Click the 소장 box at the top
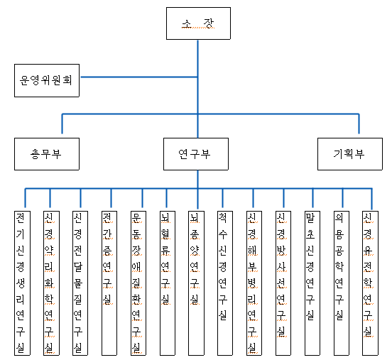coord(198,23)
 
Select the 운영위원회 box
coord(47,80)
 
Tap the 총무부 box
coord(47,154)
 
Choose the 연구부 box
coord(196,154)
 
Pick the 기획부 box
coord(350,154)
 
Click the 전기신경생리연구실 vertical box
coord(22,283)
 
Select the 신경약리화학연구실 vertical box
coord(51,283)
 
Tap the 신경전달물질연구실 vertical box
coord(80,283)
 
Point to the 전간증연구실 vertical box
coord(109,283)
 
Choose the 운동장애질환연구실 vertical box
coord(138,283)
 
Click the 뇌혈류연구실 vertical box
coord(168,283)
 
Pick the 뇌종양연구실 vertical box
coord(196,283)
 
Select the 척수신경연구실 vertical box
coord(225,283)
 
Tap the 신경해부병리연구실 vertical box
coord(254,283)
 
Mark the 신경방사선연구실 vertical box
coord(283,283)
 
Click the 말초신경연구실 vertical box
coord(312,283)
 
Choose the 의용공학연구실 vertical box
coord(342,283)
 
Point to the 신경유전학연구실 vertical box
coord(370,283)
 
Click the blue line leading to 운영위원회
coord(139,77)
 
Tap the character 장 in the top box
coord(209,23)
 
